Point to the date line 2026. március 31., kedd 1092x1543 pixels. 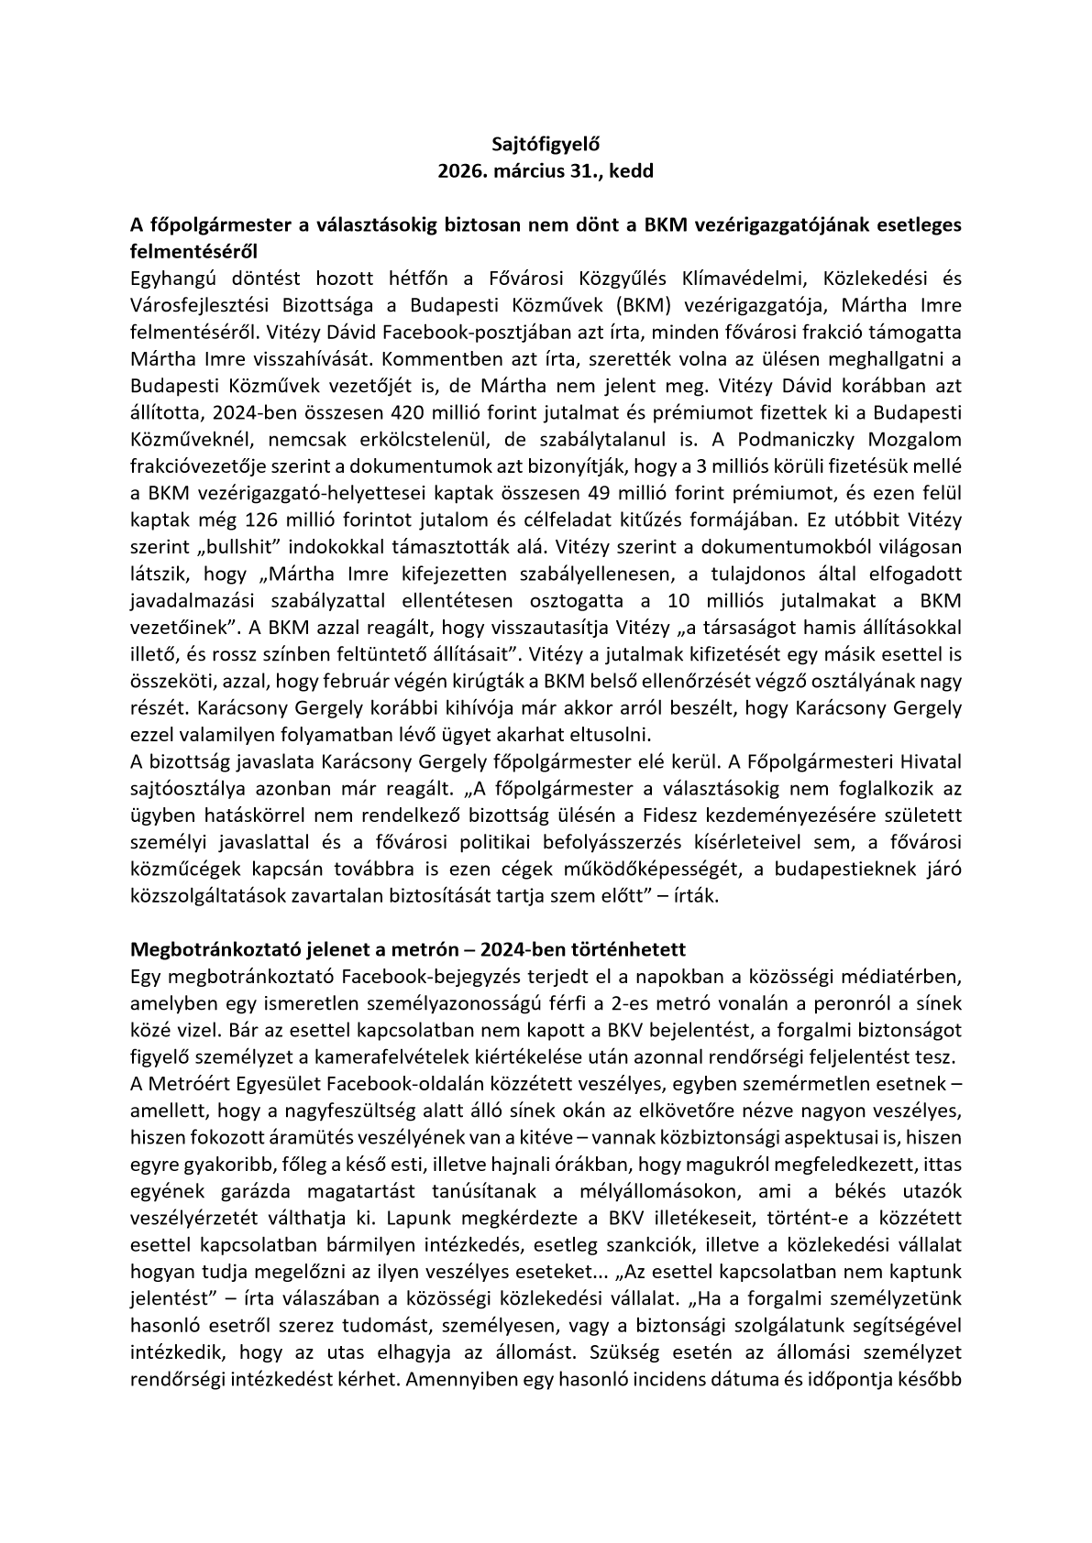[x=545, y=170]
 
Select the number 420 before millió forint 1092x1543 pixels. [x=408, y=412]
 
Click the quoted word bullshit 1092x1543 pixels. [x=214, y=548]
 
